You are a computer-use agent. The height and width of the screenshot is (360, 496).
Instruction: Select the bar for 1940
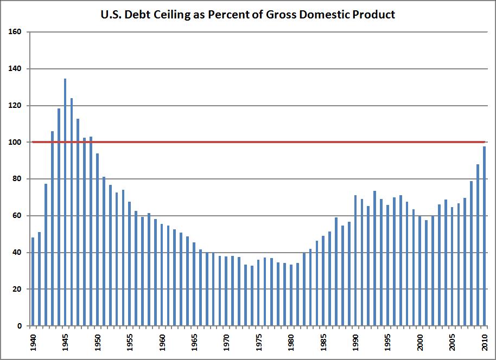pos(33,281)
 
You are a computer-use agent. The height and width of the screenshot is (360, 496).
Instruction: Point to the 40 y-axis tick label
pos(17,253)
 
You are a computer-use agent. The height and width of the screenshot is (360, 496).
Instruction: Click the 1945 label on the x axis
pos(65,343)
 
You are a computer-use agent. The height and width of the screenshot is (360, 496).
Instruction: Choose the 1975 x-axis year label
pos(259,343)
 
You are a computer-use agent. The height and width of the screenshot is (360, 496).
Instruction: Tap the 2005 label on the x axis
pos(452,343)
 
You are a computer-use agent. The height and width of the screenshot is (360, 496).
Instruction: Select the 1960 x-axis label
pos(162,343)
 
